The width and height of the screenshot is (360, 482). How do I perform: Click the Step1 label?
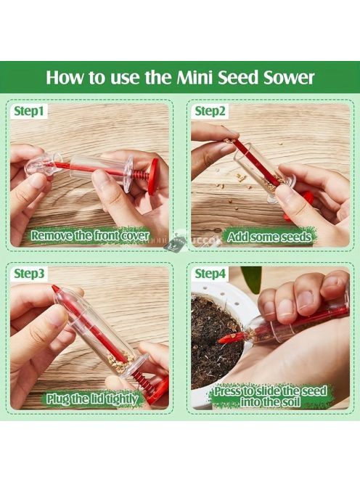pyautogui.click(x=29, y=111)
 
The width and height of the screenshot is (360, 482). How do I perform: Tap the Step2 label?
pyautogui.click(x=210, y=111)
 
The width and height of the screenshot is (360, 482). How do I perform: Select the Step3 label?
pyautogui.click(x=29, y=273)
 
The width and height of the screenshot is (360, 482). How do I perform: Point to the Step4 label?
pyautogui.click(x=210, y=273)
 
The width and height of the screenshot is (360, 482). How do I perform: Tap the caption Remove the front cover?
pyautogui.click(x=90, y=236)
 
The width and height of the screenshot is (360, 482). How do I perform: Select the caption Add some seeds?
pyautogui.click(x=269, y=237)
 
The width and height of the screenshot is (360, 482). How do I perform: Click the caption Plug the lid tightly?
pyautogui.click(x=92, y=399)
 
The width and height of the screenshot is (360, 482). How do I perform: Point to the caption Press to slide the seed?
pyautogui.click(x=270, y=391)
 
